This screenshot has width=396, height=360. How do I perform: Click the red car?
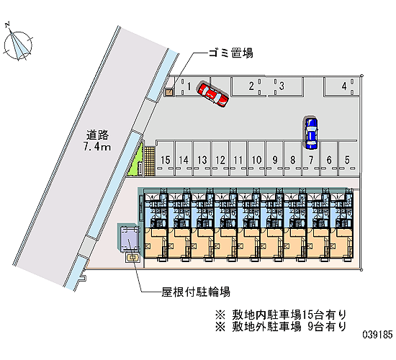pos(213,94)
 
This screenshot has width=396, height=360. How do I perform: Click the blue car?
pos(311,133)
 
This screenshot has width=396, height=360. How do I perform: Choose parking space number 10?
pos(256,158)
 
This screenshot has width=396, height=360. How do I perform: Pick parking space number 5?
pos(348,158)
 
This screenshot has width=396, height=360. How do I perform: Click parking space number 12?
pos(220,158)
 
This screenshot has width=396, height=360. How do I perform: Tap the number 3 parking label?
pos(282,86)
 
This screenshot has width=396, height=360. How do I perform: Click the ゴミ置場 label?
pos(230,53)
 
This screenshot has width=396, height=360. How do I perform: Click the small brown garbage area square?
pos(168,92)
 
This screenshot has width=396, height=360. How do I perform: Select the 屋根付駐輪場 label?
pos(196,292)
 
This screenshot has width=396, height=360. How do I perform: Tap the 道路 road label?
pos(97,135)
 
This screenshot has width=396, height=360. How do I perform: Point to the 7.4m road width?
pos(97,147)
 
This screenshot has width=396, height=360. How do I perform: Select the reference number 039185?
pos(377,335)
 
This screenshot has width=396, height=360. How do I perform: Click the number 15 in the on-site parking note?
pos(307,315)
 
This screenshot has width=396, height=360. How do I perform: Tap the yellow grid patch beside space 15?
pos(150,161)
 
